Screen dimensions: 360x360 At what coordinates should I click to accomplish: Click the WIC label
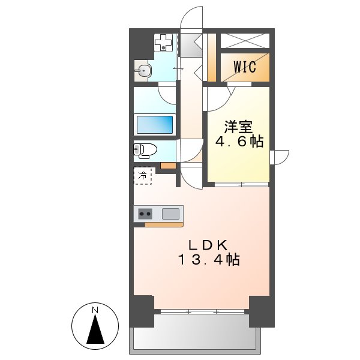[244, 67]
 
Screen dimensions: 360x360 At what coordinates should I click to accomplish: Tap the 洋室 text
[238, 127]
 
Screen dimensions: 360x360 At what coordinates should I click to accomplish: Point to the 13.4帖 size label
[208, 260]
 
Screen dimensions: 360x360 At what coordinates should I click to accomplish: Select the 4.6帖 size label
[238, 142]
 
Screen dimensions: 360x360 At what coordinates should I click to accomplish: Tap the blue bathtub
[155, 125]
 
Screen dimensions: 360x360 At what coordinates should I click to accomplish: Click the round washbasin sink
[144, 71]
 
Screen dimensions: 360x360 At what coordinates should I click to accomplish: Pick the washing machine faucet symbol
[163, 42]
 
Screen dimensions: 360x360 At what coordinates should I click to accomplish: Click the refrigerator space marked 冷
[143, 176]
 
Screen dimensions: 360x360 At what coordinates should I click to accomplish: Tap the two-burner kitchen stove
[145, 213]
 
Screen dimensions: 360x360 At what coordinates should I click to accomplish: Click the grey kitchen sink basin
[171, 213]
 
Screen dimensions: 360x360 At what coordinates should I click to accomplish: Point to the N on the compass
[95, 310]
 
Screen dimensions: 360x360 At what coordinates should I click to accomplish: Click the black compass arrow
[95, 331]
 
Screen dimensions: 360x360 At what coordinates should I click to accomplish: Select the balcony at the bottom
[194, 334]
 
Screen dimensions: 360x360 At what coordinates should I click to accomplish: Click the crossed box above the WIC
[244, 40]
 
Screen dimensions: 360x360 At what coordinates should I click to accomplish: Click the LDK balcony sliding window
[202, 311]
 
